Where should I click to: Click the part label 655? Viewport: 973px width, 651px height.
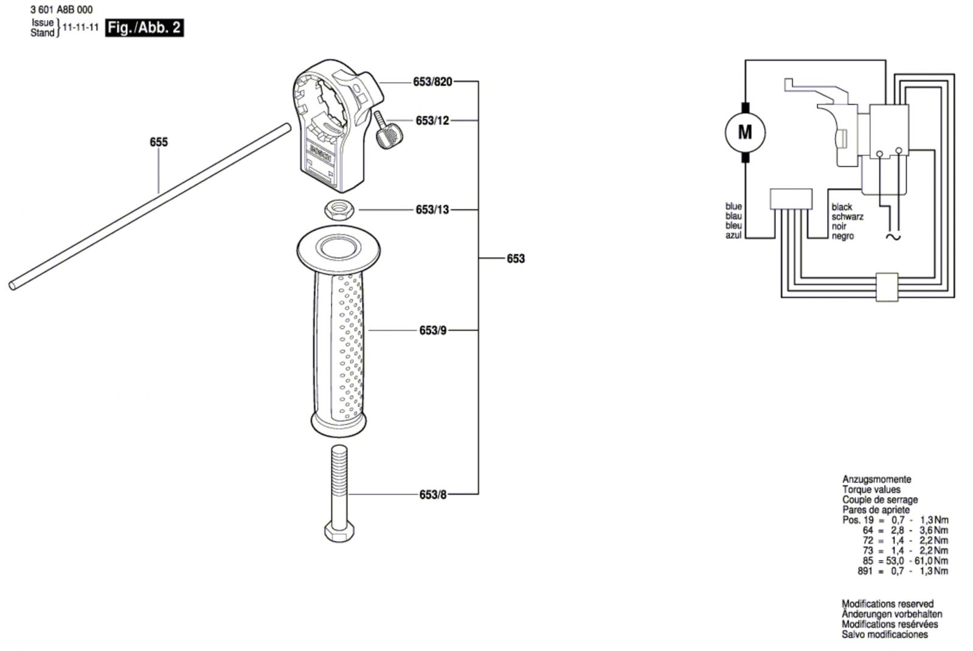159,142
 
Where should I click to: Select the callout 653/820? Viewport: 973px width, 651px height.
432,82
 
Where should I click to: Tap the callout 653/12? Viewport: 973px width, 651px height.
432,120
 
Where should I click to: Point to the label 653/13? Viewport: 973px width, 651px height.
432,209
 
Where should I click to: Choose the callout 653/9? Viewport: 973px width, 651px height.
432,331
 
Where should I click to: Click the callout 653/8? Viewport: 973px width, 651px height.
432,495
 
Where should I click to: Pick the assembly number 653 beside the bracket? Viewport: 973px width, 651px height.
516,259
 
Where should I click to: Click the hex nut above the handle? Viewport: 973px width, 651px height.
339,211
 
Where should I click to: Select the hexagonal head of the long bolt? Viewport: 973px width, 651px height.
339,532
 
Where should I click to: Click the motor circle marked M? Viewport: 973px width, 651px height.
745,132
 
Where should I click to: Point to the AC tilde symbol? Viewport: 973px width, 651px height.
893,237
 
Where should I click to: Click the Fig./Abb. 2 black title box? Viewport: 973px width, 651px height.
144,28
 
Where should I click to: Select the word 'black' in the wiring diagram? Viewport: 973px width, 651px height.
842,207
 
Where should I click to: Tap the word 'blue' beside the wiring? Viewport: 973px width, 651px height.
733,206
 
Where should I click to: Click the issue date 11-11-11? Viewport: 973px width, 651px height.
81,27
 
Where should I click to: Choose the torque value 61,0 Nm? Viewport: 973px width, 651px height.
931,560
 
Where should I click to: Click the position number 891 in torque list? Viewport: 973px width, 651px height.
865,571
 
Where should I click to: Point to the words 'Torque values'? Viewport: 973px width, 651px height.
871,489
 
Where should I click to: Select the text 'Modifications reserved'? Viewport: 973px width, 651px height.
887,604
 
